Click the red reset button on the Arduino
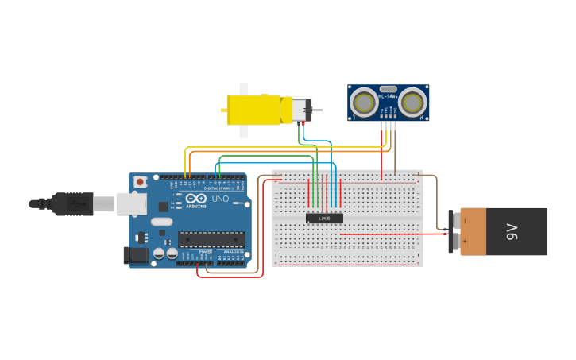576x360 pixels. pyautogui.click(x=141, y=182)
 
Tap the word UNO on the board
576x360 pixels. pyautogui.click(x=219, y=198)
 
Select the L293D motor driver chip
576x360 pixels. pyautogui.click(x=324, y=218)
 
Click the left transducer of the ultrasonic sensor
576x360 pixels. pyautogui.click(x=365, y=102)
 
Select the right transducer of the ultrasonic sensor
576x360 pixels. pyautogui.click(x=412, y=102)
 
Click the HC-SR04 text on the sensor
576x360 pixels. pyautogui.click(x=388, y=97)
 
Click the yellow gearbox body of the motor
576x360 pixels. pyautogui.click(x=254, y=110)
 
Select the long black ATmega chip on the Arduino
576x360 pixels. pyautogui.click(x=211, y=238)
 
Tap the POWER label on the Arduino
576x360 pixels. pyautogui.click(x=205, y=252)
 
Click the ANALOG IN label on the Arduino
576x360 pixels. pyautogui.click(x=233, y=252)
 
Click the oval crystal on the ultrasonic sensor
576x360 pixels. pyautogui.click(x=388, y=89)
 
